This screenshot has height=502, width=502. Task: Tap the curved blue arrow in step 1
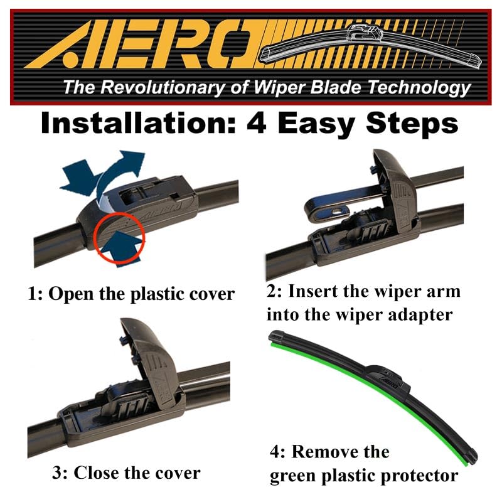pyautogui.click(x=116, y=173)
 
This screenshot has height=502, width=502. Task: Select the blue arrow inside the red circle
pyautogui.click(x=125, y=245)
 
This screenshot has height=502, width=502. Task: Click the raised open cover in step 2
pyautogui.click(x=395, y=182)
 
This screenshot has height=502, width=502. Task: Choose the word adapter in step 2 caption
pyautogui.click(x=420, y=314)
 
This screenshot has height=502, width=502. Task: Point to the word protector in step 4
pyautogui.click(x=414, y=476)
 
